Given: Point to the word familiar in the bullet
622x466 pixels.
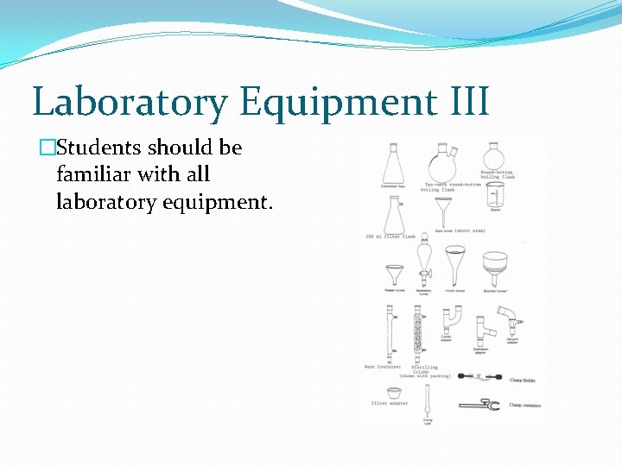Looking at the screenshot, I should (93, 174).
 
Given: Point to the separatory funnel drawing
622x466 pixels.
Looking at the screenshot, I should (423, 262).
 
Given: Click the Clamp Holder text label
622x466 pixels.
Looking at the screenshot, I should (524, 380).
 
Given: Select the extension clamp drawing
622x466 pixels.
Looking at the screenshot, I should (479, 404).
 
